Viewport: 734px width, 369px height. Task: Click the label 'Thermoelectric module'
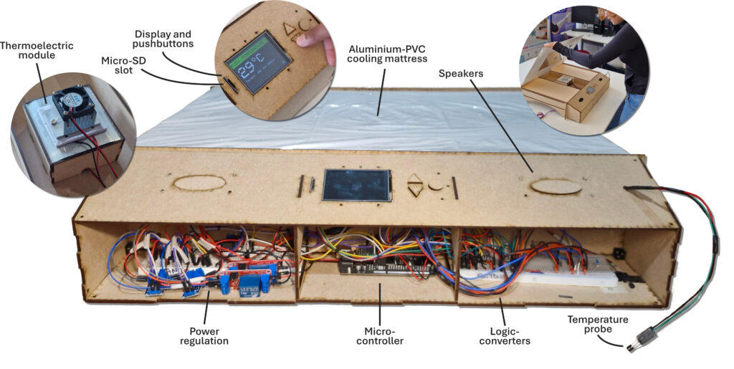pos(32,50)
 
